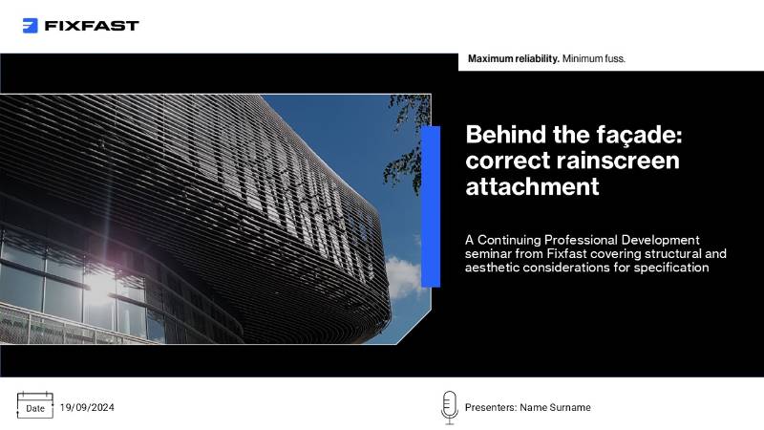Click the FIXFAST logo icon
pyautogui.click(x=31, y=26)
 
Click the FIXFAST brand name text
pyautogui.click(x=92, y=26)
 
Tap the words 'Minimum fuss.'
pyautogui.click(x=594, y=59)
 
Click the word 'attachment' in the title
pyautogui.click(x=532, y=186)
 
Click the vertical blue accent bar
pyautogui.click(x=431, y=205)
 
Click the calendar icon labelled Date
pyautogui.click(x=34, y=406)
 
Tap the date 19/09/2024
pyautogui.click(x=87, y=407)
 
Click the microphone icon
pyautogui.click(x=448, y=406)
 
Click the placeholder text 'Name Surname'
pyautogui.click(x=556, y=407)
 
